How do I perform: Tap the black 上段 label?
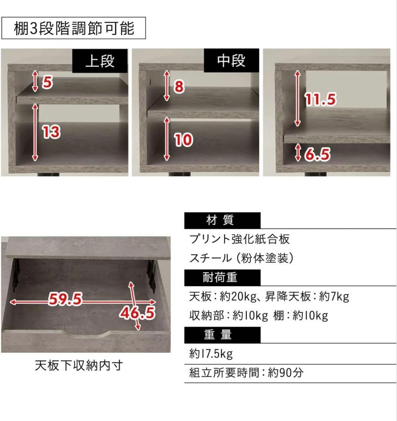[x=100, y=61]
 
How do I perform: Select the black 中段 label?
[x=231, y=61]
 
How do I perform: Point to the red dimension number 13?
[x=51, y=133]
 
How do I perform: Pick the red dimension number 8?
[x=179, y=87]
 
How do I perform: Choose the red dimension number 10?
[x=183, y=140]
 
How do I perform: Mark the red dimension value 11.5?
[x=320, y=100]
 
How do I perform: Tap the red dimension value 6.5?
[x=317, y=155]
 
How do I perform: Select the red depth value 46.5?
[x=137, y=313]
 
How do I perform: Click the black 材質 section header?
[x=222, y=220]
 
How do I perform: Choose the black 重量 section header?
[x=222, y=334]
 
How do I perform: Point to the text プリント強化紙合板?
[x=239, y=239]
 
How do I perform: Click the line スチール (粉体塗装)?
[x=241, y=258]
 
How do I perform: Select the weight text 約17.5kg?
[x=211, y=354]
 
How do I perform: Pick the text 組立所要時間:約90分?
[x=246, y=373]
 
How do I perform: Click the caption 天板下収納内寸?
[x=79, y=365]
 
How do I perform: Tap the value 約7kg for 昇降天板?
[x=334, y=297]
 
